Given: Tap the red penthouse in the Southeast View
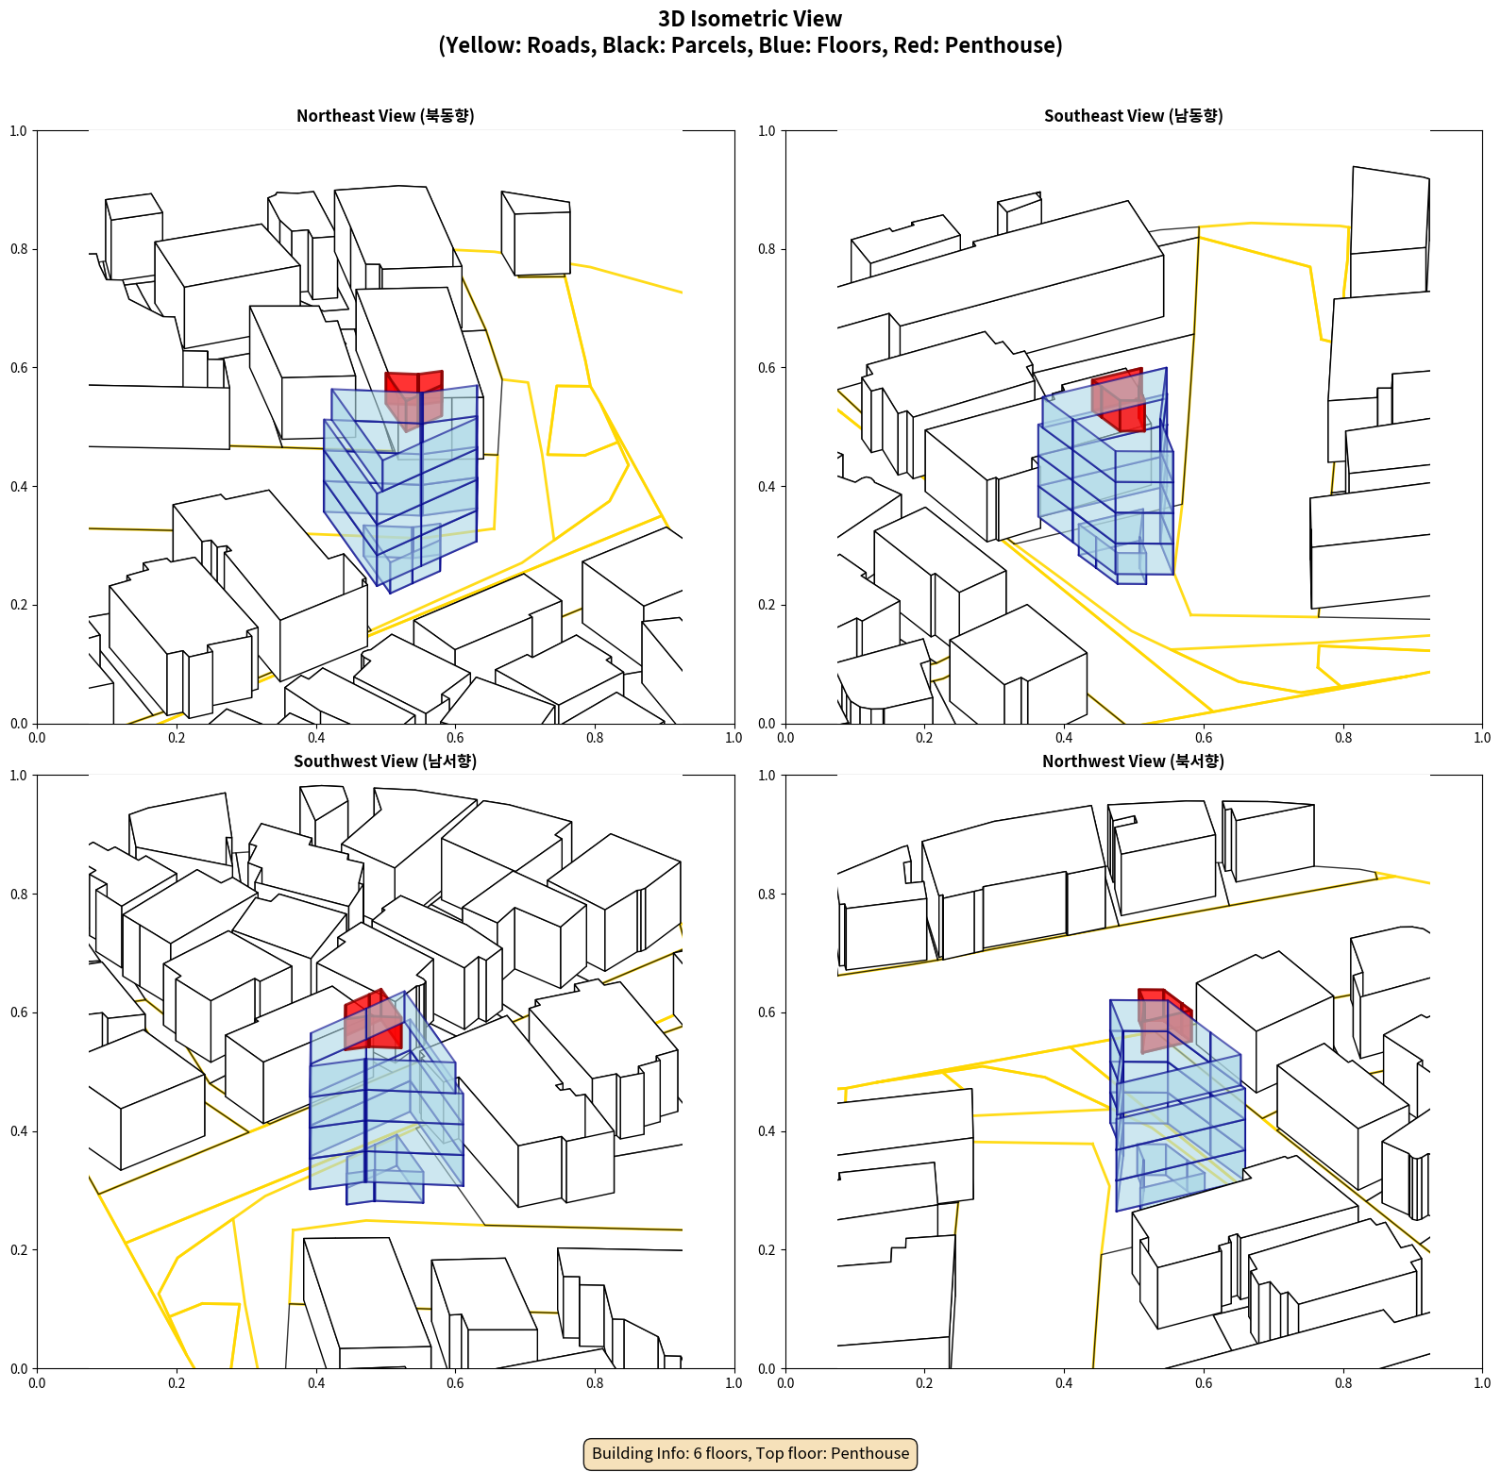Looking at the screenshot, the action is [x=1119, y=400].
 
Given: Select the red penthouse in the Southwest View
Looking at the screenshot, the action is [x=374, y=1020].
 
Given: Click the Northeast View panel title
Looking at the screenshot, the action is [x=385, y=115].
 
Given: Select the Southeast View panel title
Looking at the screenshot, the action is [x=1133, y=115].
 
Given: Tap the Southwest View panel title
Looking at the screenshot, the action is [x=385, y=761].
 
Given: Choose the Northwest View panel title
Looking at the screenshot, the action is [x=1133, y=761].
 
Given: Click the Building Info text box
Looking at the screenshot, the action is [x=750, y=1453].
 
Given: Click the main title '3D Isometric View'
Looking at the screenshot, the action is [x=750, y=19].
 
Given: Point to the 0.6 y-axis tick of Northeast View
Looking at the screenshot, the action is [x=19, y=368].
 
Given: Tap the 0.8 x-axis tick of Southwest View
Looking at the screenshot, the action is [x=595, y=1383].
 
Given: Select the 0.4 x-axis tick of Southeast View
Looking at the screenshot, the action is [x=1064, y=738].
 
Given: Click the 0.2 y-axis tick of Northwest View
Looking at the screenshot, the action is [x=767, y=1249].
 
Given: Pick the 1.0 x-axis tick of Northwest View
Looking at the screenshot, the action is [x=1482, y=1383].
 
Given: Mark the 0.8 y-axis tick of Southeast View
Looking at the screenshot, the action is [x=767, y=249].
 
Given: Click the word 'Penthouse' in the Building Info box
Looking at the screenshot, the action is [x=869, y=1453].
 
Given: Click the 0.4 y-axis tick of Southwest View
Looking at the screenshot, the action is [x=19, y=1130].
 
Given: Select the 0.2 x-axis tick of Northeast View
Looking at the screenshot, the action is [x=177, y=738].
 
